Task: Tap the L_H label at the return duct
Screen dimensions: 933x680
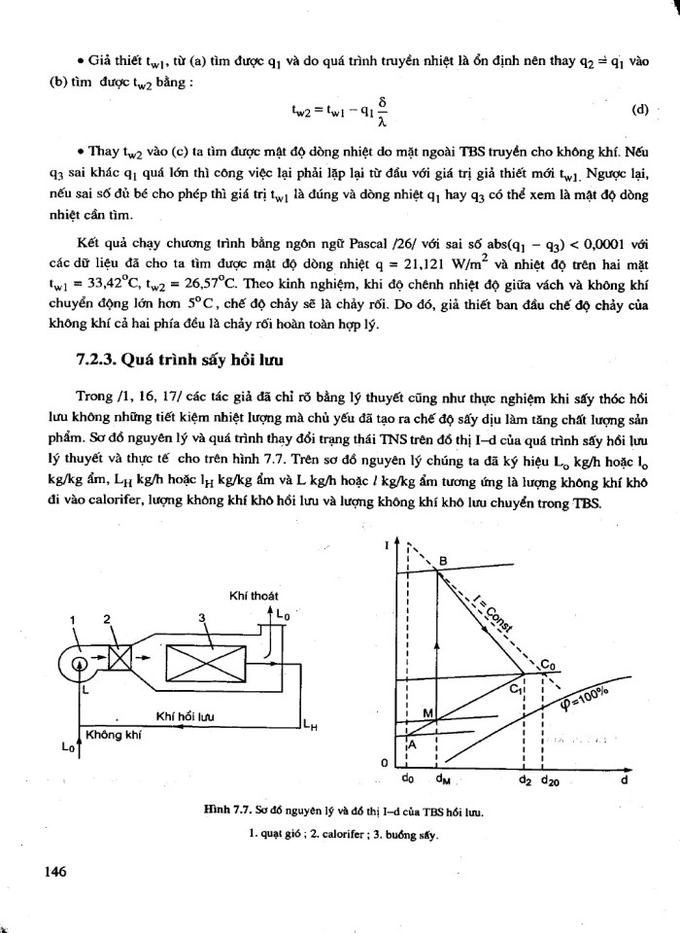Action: coord(310,723)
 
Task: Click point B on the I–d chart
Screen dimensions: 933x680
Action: coord(443,561)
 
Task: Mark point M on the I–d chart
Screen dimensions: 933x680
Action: coord(427,713)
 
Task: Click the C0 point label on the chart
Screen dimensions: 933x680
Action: coord(549,664)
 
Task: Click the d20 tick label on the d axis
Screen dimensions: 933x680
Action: coord(550,778)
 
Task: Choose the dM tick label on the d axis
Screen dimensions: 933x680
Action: coord(442,778)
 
